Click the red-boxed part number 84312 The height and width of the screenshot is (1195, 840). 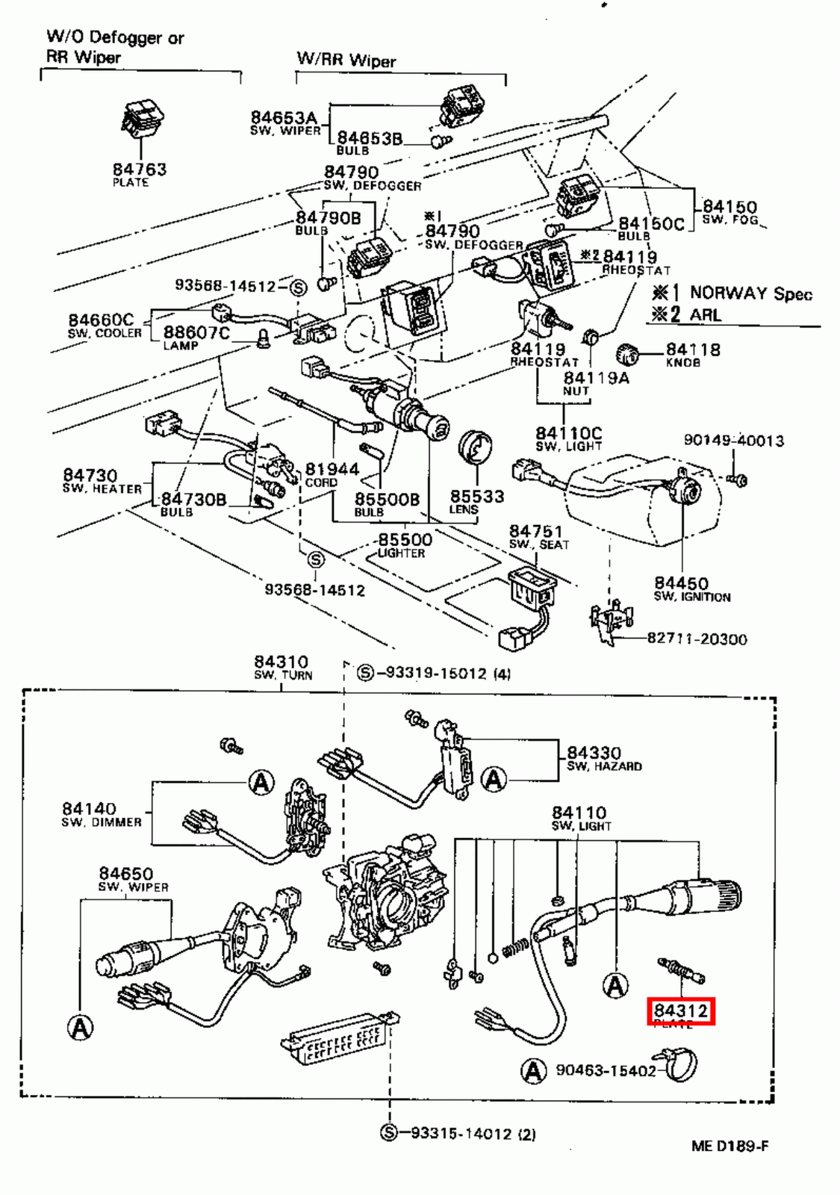[680, 1011]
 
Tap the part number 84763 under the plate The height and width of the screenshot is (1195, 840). [140, 170]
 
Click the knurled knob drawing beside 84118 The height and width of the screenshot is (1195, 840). [629, 354]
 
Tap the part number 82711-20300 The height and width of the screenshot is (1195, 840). [697, 639]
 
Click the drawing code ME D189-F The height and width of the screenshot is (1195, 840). [729, 1146]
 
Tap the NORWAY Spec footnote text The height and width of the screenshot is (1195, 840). [750, 293]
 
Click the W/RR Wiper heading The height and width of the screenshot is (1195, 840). [346, 60]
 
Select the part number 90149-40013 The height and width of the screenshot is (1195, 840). [733, 441]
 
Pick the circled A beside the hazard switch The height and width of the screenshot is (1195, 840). [494, 780]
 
